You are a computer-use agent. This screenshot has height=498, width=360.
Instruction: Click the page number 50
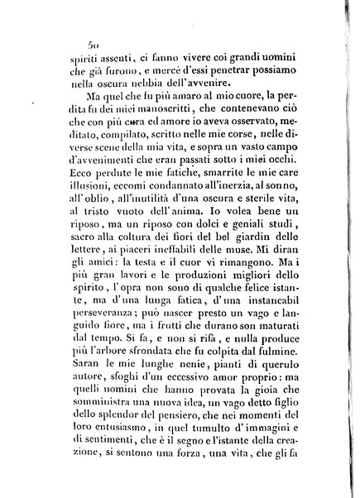pos(94,46)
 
